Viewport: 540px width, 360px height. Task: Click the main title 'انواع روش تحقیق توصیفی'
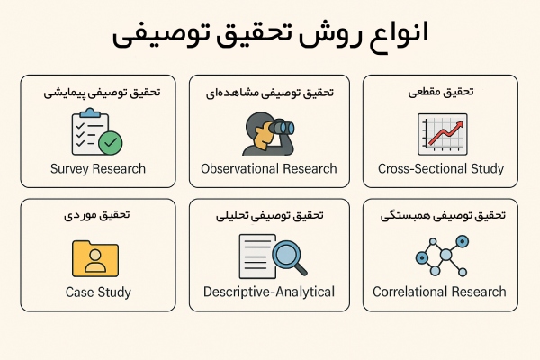tap(270, 36)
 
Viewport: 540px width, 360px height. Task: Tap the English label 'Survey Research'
tap(99, 168)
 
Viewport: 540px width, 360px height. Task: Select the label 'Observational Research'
tap(269, 168)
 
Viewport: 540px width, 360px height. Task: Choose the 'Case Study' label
tap(99, 292)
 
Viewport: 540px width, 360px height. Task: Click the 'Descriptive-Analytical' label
tap(269, 292)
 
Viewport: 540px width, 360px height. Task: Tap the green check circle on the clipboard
tap(111, 142)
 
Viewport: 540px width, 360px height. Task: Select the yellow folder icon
tap(94, 257)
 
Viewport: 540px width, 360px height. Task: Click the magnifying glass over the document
tap(289, 254)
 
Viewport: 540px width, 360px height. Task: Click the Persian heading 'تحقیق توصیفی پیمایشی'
tap(99, 93)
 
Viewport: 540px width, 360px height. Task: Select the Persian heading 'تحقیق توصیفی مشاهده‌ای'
tap(270, 93)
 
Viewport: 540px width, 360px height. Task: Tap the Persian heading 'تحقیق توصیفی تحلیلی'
tap(270, 216)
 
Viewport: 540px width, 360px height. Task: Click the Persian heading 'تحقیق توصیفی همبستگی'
tap(440, 216)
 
